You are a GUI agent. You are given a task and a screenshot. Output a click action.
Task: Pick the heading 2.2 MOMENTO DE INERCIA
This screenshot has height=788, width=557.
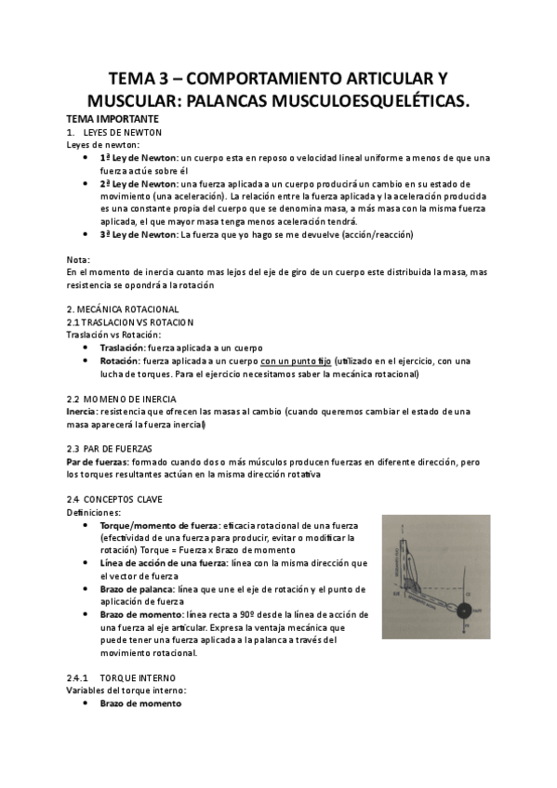[x=124, y=398]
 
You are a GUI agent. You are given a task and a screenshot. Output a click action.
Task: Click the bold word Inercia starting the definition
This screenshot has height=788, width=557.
[x=81, y=411]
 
